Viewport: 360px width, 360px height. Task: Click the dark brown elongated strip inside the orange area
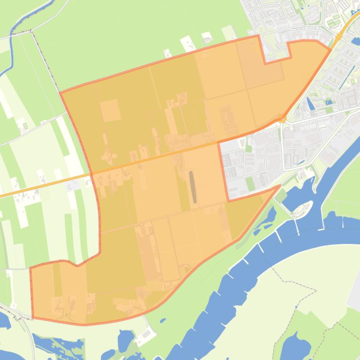(192, 187)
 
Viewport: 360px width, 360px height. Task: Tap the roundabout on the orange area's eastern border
(281, 119)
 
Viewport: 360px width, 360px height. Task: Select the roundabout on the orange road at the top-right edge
(338, 37)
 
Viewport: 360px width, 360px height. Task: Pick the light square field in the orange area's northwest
(110, 110)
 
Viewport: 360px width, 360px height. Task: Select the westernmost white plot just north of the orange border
(167, 53)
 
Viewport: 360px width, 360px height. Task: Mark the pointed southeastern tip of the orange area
(279, 186)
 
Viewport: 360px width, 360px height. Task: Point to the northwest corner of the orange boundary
(61, 93)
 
